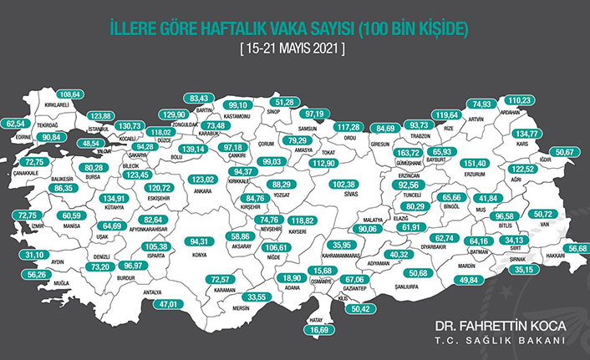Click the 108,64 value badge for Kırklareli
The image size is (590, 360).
pos(72,94)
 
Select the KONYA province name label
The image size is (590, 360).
pos(200,256)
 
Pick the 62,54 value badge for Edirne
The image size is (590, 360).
pos(17,123)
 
